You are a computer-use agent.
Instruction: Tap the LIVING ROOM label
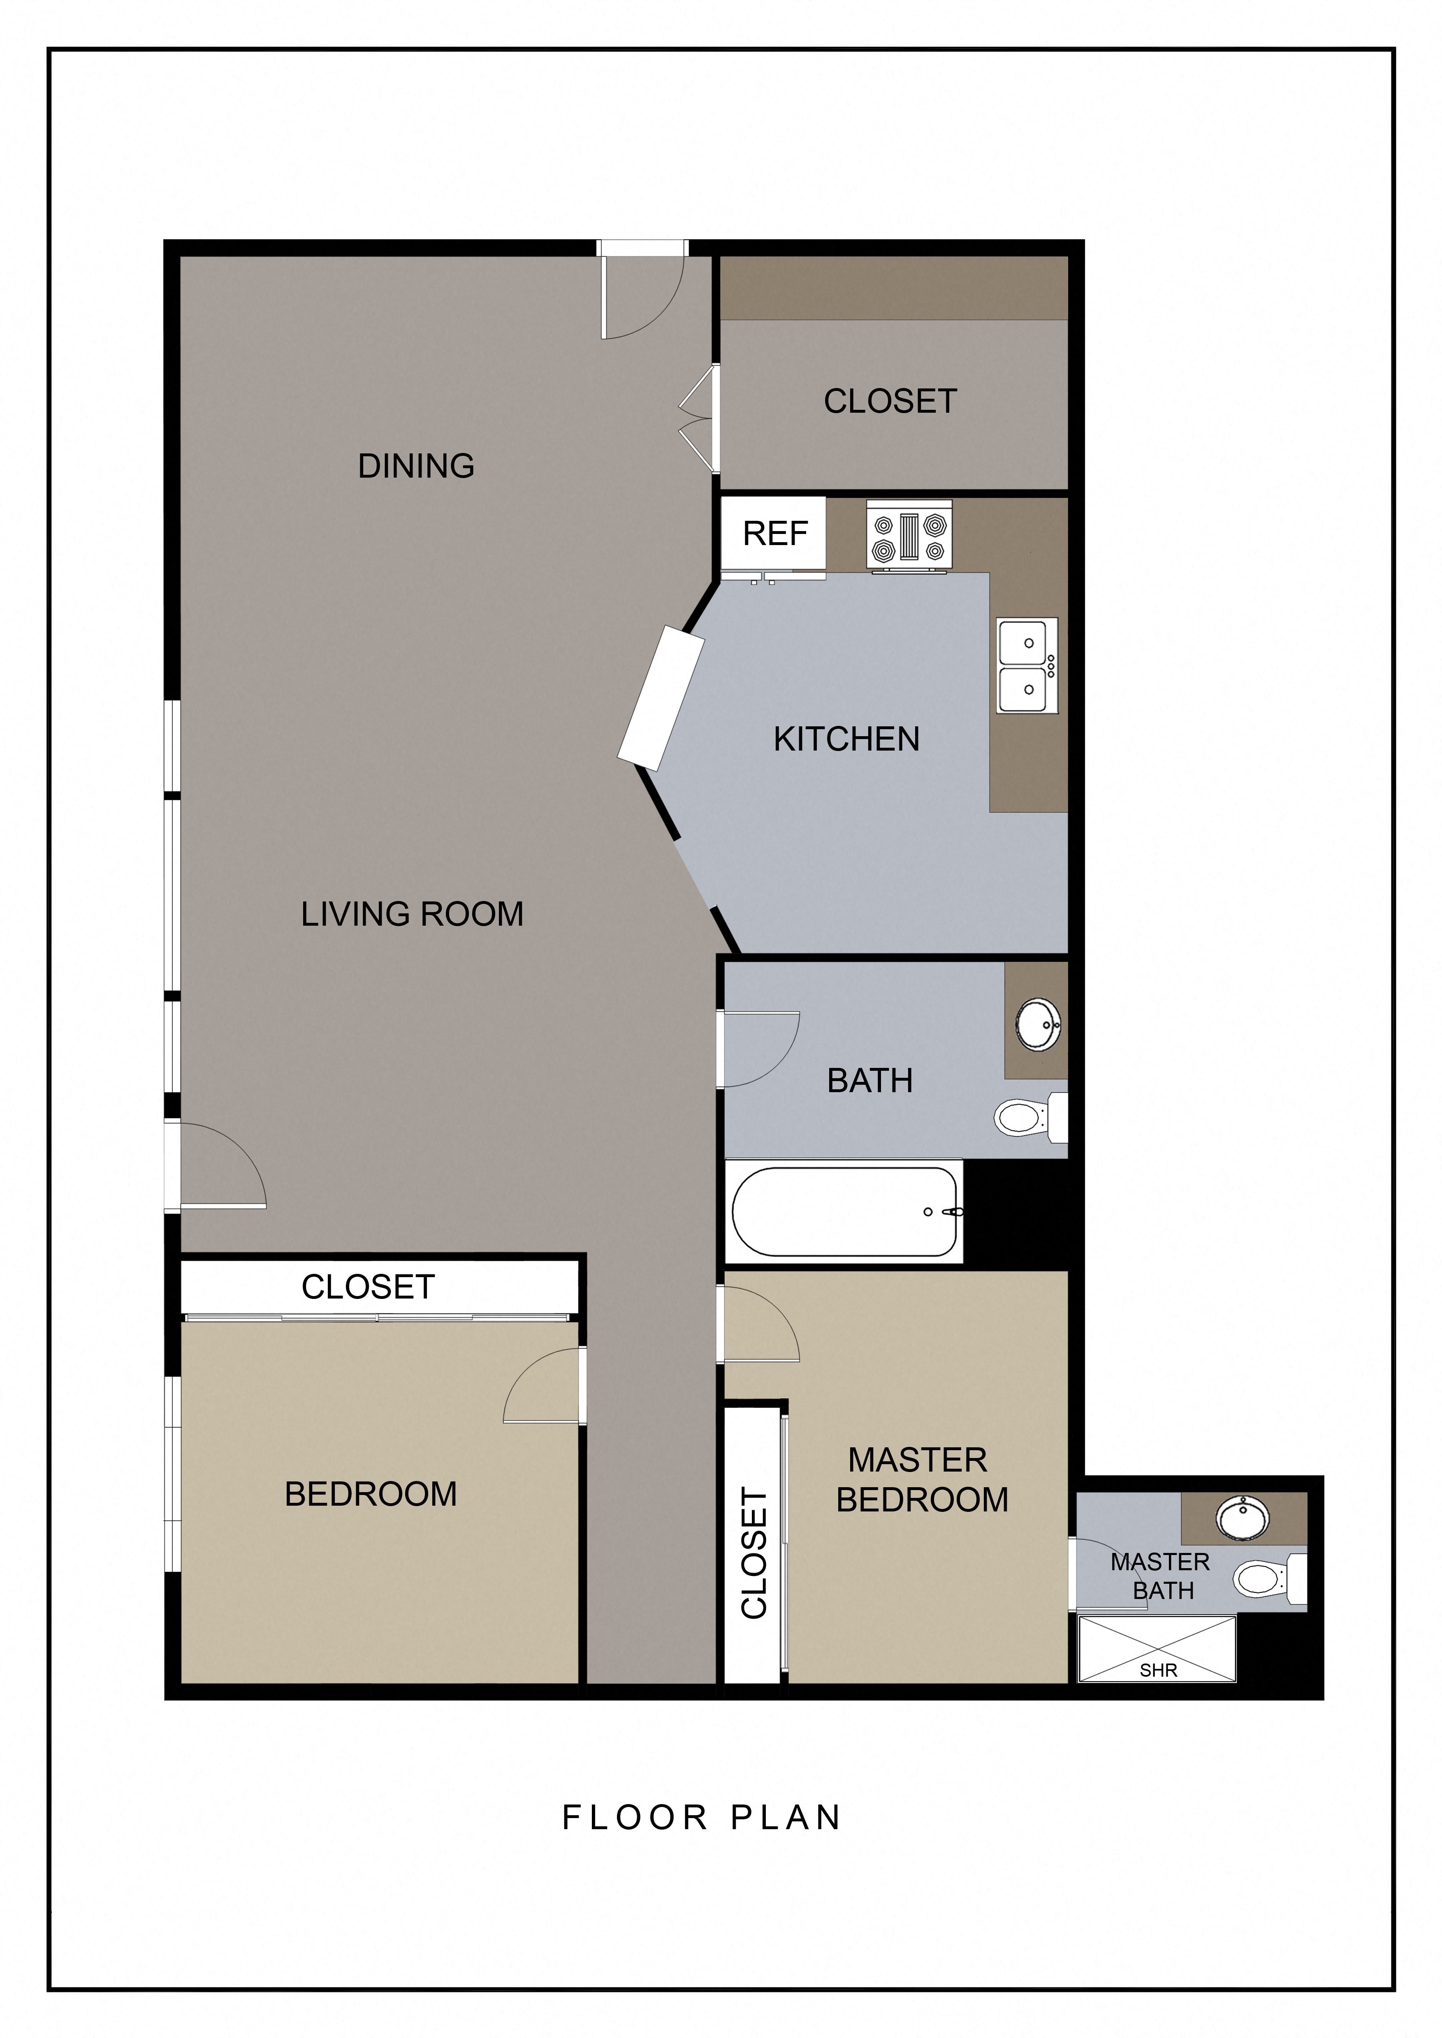click(x=412, y=914)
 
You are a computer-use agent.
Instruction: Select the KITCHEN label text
click(x=846, y=739)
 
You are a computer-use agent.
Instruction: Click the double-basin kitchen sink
click(x=1027, y=666)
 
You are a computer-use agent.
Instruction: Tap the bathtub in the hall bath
click(x=844, y=1212)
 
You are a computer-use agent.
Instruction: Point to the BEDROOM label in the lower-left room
click(x=370, y=1494)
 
